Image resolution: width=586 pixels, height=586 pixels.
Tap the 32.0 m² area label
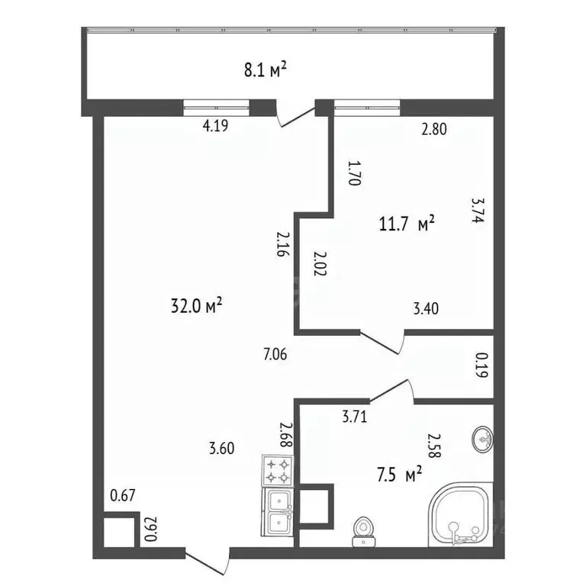(197, 305)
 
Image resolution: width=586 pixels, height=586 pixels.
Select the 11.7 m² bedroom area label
(407, 224)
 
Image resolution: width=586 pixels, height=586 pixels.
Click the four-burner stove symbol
(278, 470)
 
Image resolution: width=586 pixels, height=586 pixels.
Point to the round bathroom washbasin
(482, 438)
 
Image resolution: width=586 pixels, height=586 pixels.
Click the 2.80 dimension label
(434, 130)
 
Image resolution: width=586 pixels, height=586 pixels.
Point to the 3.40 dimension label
(426, 309)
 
